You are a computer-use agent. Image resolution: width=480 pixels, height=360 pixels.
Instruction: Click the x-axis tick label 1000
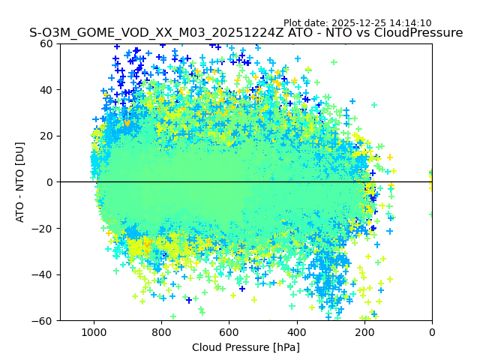tap(94, 332)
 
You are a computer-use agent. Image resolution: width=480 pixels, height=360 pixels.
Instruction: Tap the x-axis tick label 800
tap(161, 332)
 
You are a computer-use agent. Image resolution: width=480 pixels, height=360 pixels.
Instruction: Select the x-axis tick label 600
tap(229, 332)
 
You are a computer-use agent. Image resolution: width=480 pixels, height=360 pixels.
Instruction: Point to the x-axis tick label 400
tap(296, 332)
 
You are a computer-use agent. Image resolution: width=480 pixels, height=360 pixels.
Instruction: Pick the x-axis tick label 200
tap(364, 332)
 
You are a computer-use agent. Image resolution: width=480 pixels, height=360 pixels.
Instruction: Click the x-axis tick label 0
tap(432, 332)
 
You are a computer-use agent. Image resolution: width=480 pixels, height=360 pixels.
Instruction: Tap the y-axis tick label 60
tap(46, 43)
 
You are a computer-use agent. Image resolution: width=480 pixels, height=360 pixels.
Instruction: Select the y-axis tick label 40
tap(46, 90)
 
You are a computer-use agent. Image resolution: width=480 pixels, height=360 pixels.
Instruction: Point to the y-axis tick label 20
tap(46, 136)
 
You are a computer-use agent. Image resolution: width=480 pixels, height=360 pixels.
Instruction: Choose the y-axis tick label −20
tap(43, 228)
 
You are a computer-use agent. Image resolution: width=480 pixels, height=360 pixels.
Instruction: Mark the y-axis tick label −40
tap(43, 274)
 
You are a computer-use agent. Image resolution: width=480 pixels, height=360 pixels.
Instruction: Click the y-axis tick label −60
tap(43, 320)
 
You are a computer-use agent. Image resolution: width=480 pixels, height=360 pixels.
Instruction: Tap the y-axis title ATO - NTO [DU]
tap(21, 182)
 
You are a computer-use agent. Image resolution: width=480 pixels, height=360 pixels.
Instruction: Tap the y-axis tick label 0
tap(49, 182)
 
